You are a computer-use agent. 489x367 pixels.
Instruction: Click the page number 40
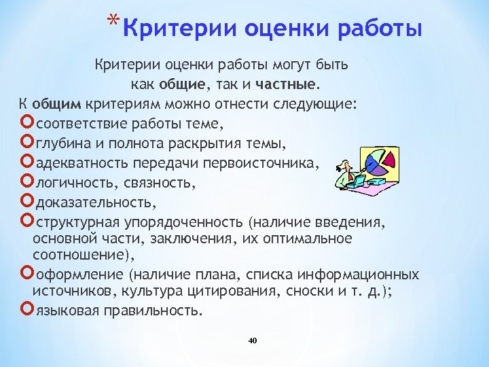click(x=253, y=340)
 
